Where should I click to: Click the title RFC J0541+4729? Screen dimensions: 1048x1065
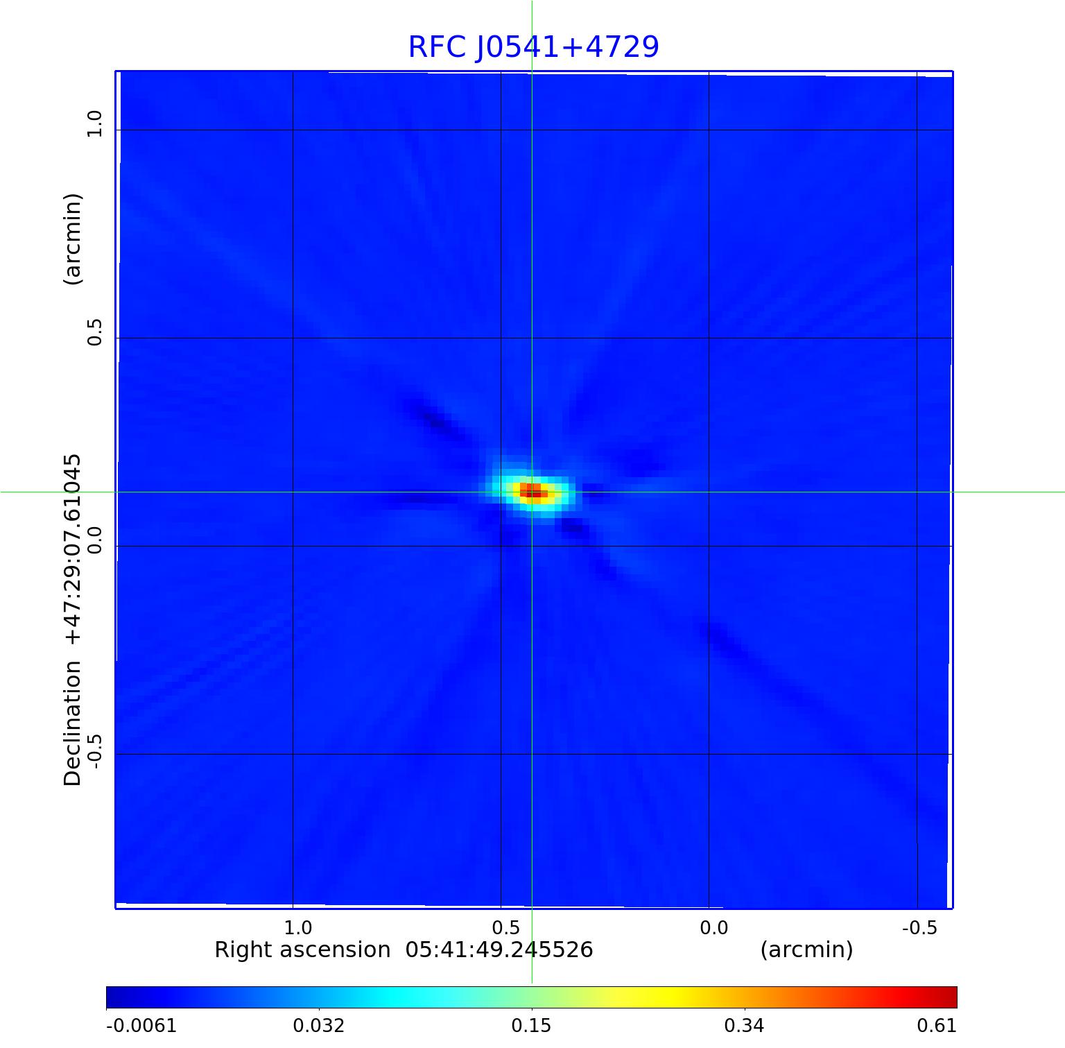(533, 47)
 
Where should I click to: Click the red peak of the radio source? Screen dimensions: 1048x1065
(532, 491)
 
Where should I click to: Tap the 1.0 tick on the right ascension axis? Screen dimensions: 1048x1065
(298, 927)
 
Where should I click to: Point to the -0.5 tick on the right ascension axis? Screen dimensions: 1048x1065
(919, 927)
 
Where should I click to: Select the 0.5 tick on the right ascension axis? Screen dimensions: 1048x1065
(505, 927)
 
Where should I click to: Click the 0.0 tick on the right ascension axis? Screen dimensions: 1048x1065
(713, 927)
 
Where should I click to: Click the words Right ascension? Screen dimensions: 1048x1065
(302, 950)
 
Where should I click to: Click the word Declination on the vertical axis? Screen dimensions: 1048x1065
(73, 723)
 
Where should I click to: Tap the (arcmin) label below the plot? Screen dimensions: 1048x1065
(806, 950)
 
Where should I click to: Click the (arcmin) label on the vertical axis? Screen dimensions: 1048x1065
(73, 239)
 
